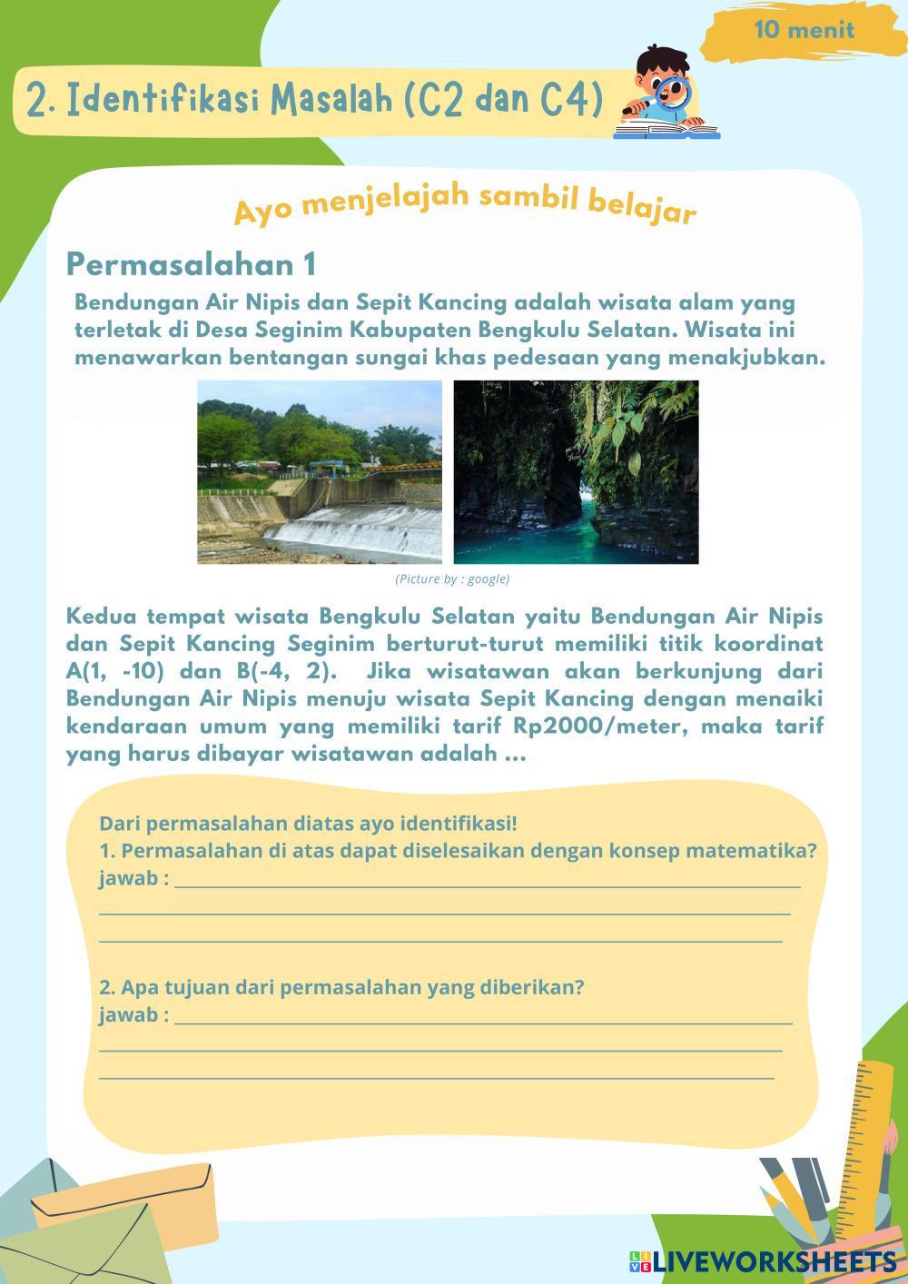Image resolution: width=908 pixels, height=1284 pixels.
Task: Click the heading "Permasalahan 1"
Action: click(192, 264)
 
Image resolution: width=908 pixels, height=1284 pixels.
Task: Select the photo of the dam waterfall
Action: click(320, 471)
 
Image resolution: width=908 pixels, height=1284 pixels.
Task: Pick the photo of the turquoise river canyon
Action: click(576, 471)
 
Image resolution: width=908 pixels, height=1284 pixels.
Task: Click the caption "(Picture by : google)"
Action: click(452, 578)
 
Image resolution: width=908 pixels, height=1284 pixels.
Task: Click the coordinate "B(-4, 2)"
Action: click(286, 672)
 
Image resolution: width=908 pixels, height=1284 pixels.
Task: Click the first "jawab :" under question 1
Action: click(133, 879)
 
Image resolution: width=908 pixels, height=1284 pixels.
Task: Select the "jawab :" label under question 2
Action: click(133, 1014)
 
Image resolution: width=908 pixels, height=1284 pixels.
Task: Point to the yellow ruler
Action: click(866, 1135)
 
